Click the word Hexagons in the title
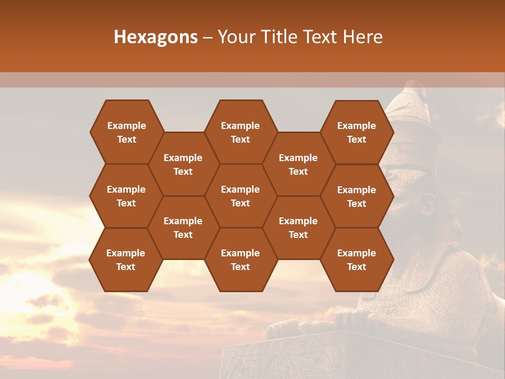156,37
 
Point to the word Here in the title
362,37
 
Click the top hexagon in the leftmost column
126,132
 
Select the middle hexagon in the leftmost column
126,196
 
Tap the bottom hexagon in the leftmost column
126,260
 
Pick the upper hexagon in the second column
183,164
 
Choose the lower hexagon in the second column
183,227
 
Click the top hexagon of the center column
240,132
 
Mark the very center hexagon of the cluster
240,196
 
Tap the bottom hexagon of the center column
240,260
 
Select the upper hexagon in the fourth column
298,164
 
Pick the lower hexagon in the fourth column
298,227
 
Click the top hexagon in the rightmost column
357,132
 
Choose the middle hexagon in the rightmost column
357,196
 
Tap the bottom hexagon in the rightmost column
357,260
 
